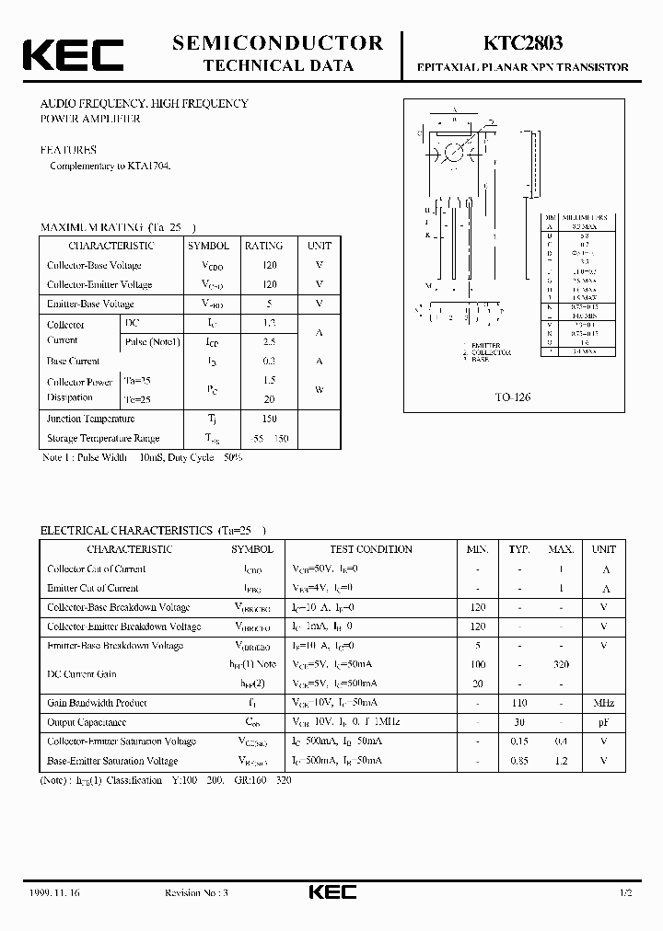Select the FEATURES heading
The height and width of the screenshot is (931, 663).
[67, 149]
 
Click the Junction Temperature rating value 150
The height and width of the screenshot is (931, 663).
[269, 419]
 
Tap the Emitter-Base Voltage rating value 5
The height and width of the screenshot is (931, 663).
[269, 304]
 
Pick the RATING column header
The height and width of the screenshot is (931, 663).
[263, 246]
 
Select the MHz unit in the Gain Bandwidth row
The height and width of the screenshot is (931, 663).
[603, 703]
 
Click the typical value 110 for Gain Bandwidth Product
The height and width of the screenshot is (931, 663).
[518, 703]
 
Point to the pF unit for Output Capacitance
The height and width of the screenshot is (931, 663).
[603, 722]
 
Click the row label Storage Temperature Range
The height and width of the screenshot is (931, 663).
[103, 439]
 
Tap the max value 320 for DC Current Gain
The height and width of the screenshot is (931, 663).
[561, 664]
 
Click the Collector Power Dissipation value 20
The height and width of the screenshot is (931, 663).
[269, 398]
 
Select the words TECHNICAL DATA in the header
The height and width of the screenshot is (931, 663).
[277, 66]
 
